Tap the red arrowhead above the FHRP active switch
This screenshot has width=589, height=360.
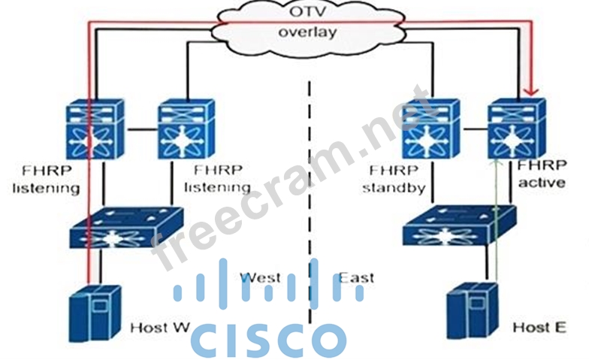pyautogui.click(x=532, y=92)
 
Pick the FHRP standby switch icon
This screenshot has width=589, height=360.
pyautogui.click(x=429, y=130)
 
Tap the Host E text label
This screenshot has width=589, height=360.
pyautogui.click(x=539, y=328)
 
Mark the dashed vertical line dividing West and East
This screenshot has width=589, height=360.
pyautogui.click(x=309, y=188)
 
